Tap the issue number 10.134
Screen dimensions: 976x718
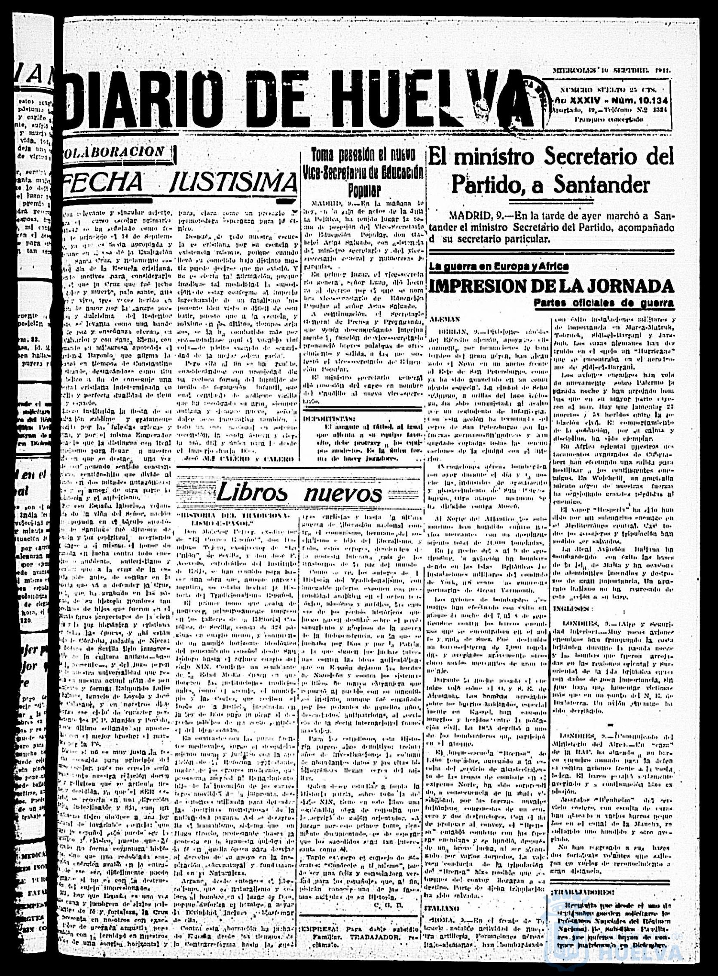pos(652,102)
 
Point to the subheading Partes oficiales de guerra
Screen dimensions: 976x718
pos(605,303)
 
